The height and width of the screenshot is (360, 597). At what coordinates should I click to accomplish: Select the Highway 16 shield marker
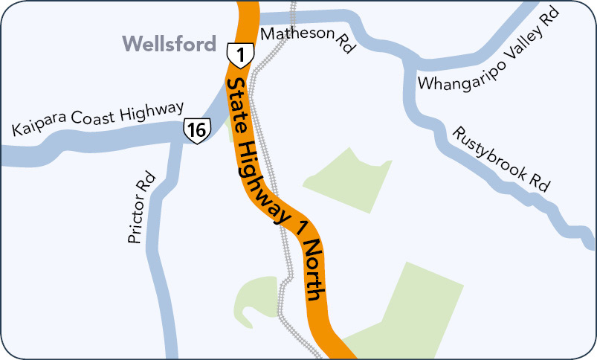(x=196, y=130)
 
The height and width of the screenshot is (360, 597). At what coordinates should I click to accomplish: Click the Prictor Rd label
(x=140, y=209)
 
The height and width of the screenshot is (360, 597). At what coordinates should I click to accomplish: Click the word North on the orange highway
(x=317, y=270)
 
